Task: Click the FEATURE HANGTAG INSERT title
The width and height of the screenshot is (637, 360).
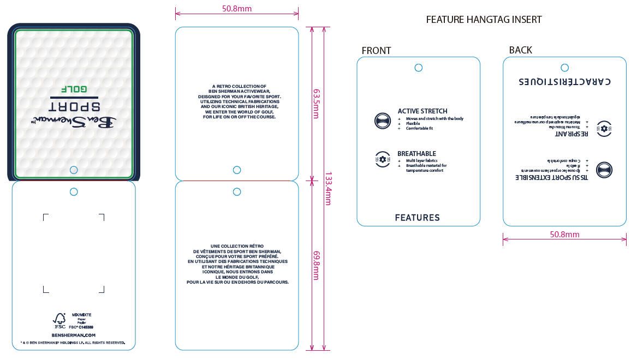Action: pyautogui.click(x=484, y=20)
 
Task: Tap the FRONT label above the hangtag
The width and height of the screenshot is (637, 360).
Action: pyautogui.click(x=376, y=51)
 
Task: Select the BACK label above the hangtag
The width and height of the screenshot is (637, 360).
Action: pyautogui.click(x=520, y=50)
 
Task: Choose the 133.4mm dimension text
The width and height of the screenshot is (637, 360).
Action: pyautogui.click(x=329, y=188)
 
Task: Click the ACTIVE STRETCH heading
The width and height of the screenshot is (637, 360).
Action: pyautogui.click(x=422, y=111)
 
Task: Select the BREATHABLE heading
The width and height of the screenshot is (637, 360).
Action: pyautogui.click(x=416, y=154)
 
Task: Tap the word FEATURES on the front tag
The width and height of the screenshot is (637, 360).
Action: pyautogui.click(x=418, y=218)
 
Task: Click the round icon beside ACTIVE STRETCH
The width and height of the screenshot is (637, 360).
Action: pyautogui.click(x=383, y=121)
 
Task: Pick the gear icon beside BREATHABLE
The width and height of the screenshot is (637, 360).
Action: pyautogui.click(x=383, y=159)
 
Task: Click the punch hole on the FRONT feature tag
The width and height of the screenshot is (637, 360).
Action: pyautogui.click(x=418, y=68)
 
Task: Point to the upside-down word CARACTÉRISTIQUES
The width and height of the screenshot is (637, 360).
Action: pyautogui.click(x=565, y=81)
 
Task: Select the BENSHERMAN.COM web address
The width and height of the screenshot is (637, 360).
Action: pyautogui.click(x=74, y=335)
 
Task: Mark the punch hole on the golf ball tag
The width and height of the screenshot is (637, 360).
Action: pyautogui.click(x=74, y=170)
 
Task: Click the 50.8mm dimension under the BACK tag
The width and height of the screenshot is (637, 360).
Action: pyautogui.click(x=564, y=235)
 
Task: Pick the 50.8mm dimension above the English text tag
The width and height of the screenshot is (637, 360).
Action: pyautogui.click(x=237, y=9)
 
